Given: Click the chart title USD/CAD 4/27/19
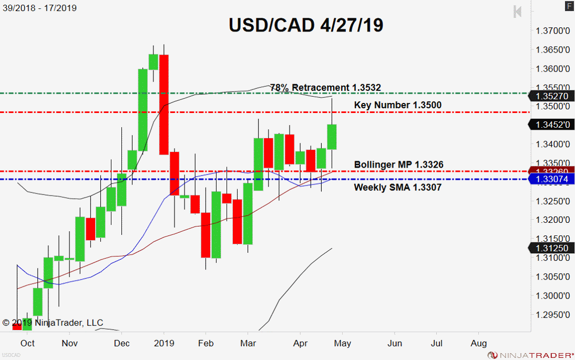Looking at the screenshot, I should (x=306, y=25).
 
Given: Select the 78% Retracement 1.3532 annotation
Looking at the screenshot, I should (x=325, y=87).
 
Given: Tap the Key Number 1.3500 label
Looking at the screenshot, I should (x=397, y=105).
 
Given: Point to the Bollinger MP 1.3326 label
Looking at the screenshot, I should (x=398, y=165).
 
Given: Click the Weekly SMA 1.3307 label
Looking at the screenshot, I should (x=397, y=187).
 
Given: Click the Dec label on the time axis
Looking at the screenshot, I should (x=121, y=344).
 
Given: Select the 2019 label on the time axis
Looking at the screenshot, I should (x=164, y=344).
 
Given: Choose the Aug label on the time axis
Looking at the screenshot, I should (x=478, y=344).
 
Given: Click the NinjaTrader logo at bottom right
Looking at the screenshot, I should (x=529, y=355).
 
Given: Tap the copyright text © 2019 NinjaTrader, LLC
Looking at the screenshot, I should (x=53, y=323).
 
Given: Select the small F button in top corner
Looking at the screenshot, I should (x=568, y=6).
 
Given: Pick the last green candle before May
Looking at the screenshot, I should (x=332, y=137).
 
